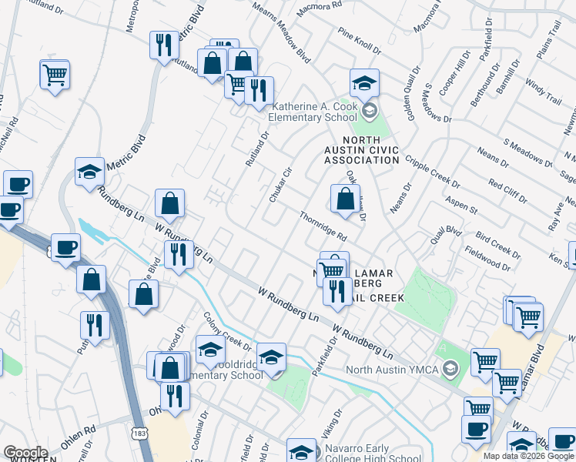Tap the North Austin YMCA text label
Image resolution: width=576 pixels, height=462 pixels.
(x=393, y=369)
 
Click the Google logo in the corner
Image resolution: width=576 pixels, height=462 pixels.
(x=25, y=452)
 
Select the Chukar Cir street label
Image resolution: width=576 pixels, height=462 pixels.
(x=278, y=186)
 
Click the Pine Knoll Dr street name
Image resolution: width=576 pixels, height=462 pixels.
(x=359, y=42)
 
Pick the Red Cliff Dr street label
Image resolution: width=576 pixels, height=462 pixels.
(x=507, y=190)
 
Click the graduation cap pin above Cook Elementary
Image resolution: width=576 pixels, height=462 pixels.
(x=364, y=82)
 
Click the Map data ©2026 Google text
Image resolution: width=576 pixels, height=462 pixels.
(x=528, y=456)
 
